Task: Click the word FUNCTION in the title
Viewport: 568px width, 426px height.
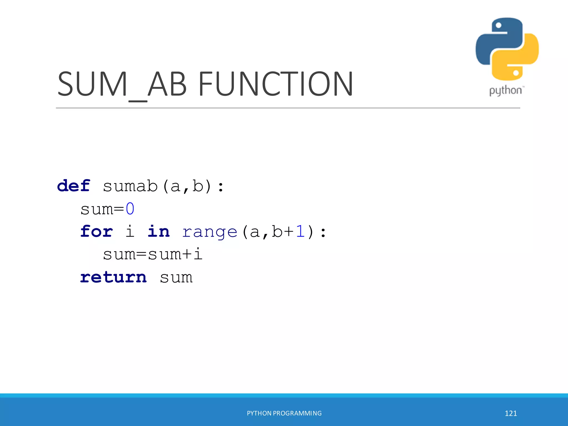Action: tap(275, 84)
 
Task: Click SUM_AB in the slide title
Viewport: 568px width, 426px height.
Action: tap(122, 84)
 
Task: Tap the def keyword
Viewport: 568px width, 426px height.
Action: tap(74, 186)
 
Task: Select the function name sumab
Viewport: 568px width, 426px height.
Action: tap(130, 186)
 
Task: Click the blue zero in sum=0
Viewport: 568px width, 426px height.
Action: tap(130, 209)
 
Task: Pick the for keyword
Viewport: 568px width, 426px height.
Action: tap(97, 231)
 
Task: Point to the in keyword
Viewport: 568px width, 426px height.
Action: tap(158, 231)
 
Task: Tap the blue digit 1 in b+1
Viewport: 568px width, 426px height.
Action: tap(300, 231)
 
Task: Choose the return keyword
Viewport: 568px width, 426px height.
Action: tap(113, 277)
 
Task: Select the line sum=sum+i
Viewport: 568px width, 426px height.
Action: tap(153, 254)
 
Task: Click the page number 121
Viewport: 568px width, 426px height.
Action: tap(511, 414)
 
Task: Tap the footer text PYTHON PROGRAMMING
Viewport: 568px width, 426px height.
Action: tap(284, 413)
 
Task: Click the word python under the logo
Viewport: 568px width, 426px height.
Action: tap(505, 91)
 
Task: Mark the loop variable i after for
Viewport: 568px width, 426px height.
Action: tap(130, 231)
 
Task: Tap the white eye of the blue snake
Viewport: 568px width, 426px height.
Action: tap(498, 26)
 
